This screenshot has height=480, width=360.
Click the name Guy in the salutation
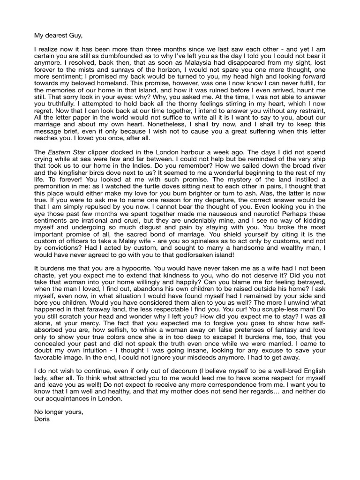tap(75, 35)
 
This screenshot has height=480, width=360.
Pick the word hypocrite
tap(123, 268)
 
